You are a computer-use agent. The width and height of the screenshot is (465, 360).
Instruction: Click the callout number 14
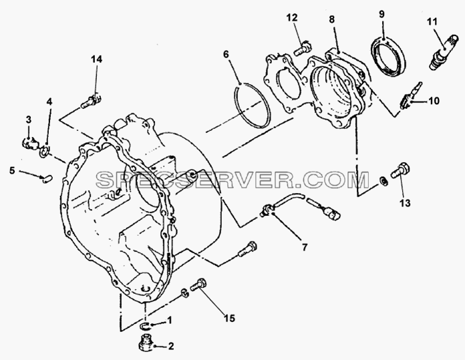tap(97, 59)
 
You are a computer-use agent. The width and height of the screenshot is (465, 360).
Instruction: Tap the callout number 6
tap(226, 55)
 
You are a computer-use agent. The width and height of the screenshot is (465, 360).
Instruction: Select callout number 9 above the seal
tap(381, 14)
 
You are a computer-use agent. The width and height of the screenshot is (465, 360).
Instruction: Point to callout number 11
tap(432, 21)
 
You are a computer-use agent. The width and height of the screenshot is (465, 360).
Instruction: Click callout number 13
tap(405, 203)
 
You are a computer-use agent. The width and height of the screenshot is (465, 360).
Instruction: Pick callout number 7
tap(305, 246)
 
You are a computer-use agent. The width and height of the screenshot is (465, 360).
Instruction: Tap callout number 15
tap(229, 318)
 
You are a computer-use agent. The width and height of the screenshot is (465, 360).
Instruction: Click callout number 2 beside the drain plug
tap(170, 346)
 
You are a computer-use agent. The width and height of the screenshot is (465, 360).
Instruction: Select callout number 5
tap(12, 170)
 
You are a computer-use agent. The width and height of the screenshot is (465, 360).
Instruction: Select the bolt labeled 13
tap(401, 170)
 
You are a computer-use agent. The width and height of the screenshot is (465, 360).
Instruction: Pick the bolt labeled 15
tap(198, 285)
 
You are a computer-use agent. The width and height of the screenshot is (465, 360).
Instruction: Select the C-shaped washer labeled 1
tap(144, 326)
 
